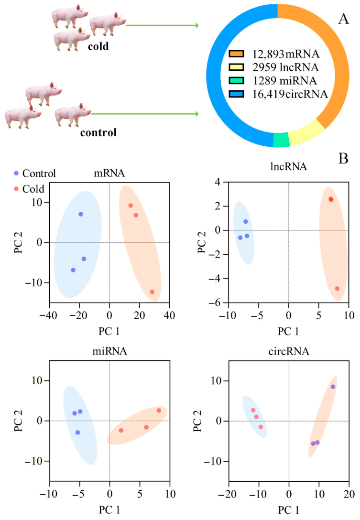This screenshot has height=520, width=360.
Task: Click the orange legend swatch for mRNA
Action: [x=236, y=54]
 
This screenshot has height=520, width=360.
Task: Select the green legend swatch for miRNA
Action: [x=236, y=81]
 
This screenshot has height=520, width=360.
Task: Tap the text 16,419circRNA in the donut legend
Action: [x=290, y=94]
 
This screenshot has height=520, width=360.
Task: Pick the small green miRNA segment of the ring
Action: [x=282, y=140]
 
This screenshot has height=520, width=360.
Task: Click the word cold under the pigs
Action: [x=98, y=46]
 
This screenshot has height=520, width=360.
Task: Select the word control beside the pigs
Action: [x=98, y=133]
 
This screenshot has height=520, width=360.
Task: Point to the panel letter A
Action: [x=343, y=19]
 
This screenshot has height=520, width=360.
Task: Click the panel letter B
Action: [x=343, y=159]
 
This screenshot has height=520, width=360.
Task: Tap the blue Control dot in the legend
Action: [x=16, y=173]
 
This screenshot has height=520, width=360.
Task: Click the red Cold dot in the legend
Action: [x=16, y=189]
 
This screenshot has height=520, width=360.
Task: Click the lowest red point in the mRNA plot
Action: [x=153, y=292]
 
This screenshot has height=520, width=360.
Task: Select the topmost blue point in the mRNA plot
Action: [x=81, y=214]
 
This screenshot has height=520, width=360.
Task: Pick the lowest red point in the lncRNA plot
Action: [x=337, y=289]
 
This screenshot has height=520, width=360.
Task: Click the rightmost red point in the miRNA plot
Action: [x=159, y=411]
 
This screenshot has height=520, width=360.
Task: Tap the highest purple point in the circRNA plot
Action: [x=333, y=387]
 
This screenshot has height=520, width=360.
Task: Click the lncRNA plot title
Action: [x=289, y=166]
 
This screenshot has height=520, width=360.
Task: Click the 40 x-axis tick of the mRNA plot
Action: [x=169, y=315]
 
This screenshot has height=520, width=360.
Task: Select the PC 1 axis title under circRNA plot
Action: [x=288, y=509]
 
